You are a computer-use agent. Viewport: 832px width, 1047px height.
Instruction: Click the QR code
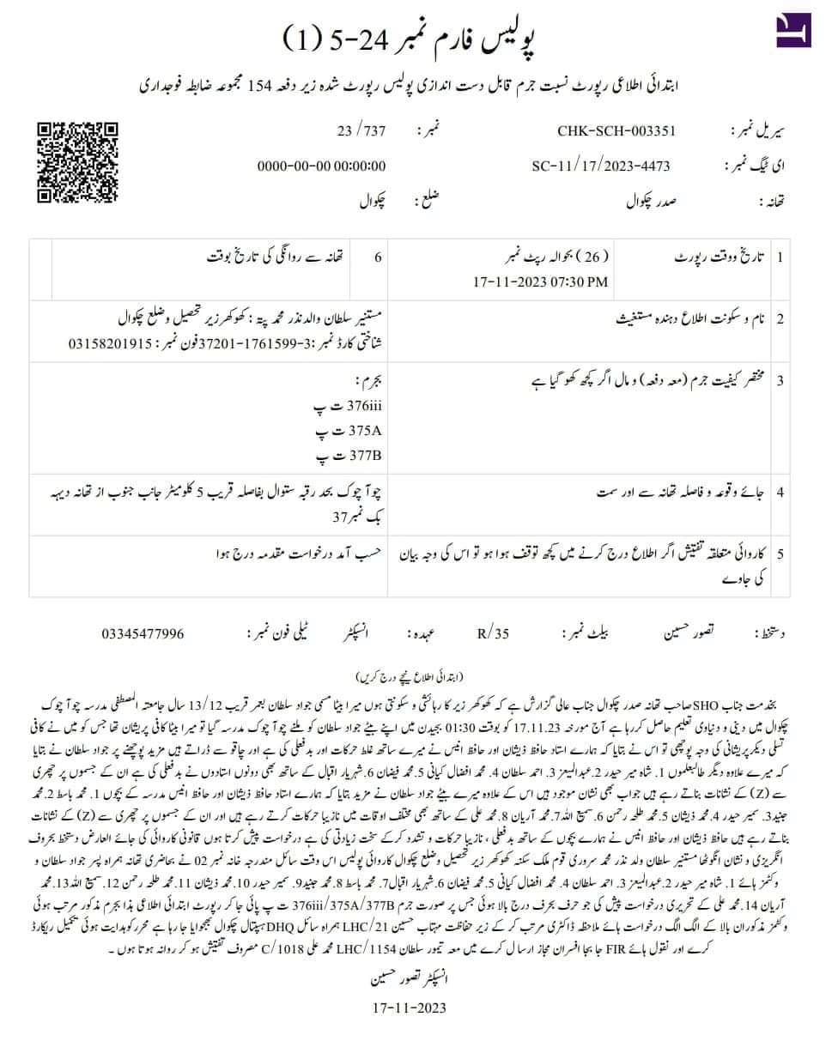[x=76, y=163]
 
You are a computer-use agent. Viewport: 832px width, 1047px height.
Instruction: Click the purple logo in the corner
[x=793, y=30]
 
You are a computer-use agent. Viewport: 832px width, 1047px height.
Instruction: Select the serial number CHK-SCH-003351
[x=616, y=131]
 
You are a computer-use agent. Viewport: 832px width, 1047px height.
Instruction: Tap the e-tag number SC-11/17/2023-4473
[x=601, y=166]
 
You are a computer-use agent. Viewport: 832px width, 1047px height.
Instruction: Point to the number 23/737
[x=361, y=131]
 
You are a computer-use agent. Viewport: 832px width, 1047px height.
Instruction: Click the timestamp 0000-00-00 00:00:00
[x=322, y=166]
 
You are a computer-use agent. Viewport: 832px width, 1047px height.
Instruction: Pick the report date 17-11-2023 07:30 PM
[x=541, y=281]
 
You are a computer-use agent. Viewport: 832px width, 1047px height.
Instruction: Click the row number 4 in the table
[x=780, y=493]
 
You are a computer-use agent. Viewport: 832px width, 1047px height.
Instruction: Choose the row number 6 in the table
[x=378, y=257]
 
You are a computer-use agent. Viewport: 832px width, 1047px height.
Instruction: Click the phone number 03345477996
[x=143, y=633]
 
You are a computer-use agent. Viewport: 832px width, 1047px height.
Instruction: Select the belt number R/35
[x=493, y=633]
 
